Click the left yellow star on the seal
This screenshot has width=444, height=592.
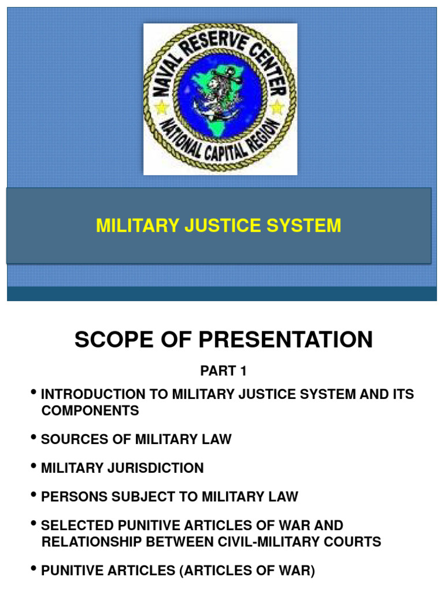pos(160,108)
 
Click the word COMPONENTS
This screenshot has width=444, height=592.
pos(90,410)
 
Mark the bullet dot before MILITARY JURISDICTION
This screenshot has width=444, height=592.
pos(35,467)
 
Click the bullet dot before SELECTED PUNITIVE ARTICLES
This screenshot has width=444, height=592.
pos(35,524)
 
